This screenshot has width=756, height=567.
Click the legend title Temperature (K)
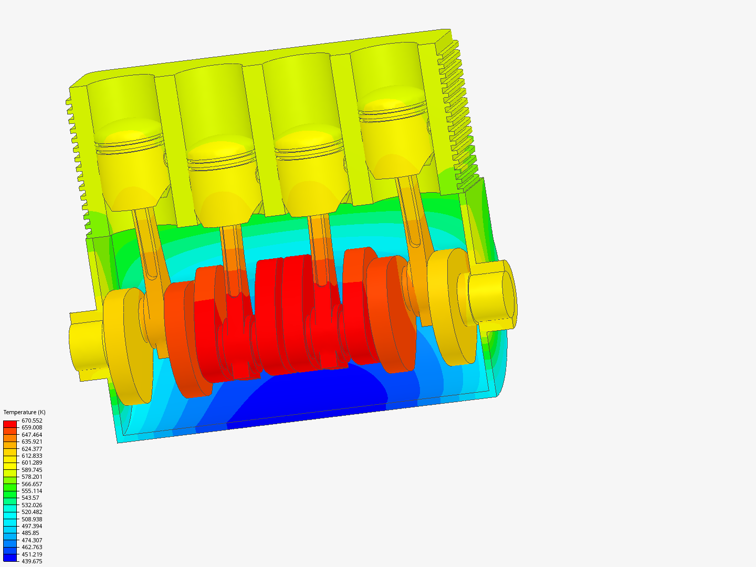point(24,412)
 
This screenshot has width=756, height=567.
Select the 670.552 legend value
point(32,421)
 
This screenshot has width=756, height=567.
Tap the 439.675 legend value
point(32,561)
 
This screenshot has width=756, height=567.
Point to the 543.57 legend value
point(30,498)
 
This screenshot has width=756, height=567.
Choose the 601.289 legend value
point(32,463)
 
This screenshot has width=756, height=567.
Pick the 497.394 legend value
point(32,526)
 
